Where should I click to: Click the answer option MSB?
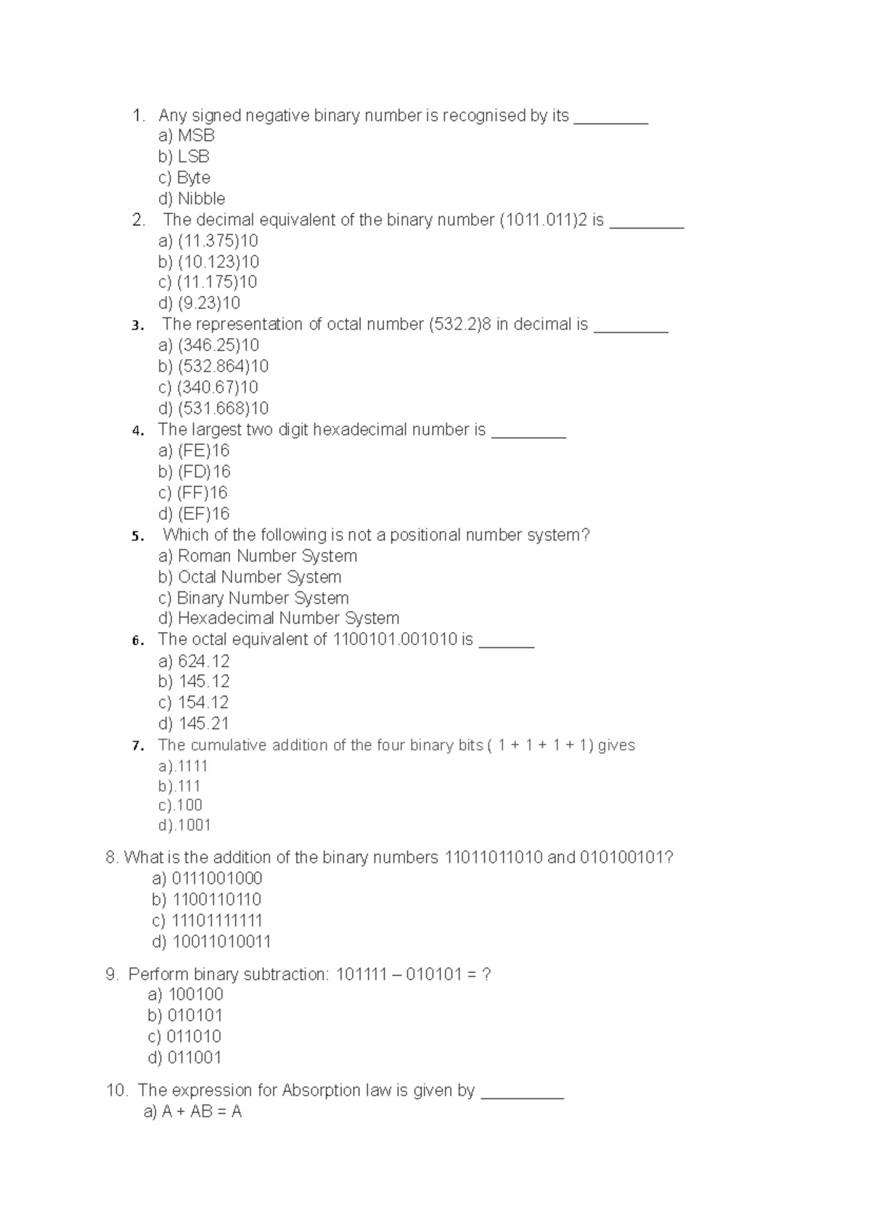[187, 136]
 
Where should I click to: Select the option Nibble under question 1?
[192, 199]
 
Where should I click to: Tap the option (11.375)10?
[208, 241]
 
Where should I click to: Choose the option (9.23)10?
[199, 303]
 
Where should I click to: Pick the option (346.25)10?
[208, 345]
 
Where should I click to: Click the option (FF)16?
[193, 493]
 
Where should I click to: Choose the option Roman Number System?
[258, 556]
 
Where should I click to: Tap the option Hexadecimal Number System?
[279, 618]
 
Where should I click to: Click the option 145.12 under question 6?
[194, 681]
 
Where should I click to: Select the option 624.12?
[194, 661]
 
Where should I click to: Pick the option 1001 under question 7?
[185, 825]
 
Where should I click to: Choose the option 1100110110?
[207, 900]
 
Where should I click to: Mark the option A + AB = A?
[192, 1112]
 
